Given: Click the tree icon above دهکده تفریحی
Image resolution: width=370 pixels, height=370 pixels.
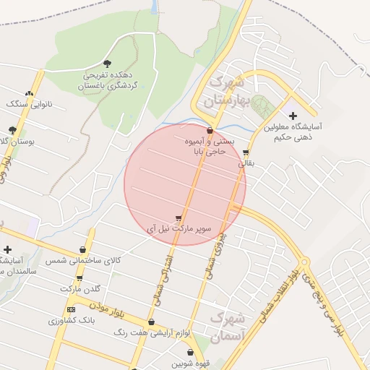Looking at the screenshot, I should point(108,64).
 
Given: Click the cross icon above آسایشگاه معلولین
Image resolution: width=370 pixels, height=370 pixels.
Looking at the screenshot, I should point(292,116).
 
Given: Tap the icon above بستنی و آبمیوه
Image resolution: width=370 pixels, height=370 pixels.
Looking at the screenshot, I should point(210,131).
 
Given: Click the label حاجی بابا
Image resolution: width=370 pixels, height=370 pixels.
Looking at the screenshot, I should point(210,152).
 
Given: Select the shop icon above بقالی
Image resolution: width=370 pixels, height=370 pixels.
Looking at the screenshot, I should point(246,152).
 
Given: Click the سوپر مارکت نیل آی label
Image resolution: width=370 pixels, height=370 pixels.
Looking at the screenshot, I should point(179,228).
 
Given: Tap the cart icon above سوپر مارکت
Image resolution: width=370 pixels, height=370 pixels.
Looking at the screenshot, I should point(178,218).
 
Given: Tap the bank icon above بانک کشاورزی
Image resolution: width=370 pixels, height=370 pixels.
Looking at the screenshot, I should point(71,309).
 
